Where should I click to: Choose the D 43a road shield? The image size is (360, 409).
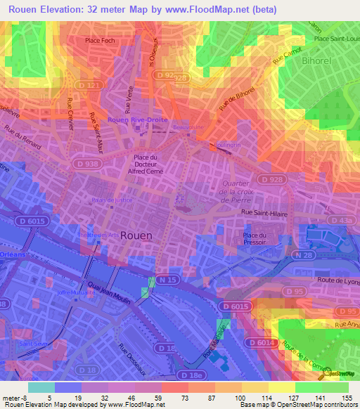tap(344, 221)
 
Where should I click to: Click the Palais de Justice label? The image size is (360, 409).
tap(112, 200)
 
